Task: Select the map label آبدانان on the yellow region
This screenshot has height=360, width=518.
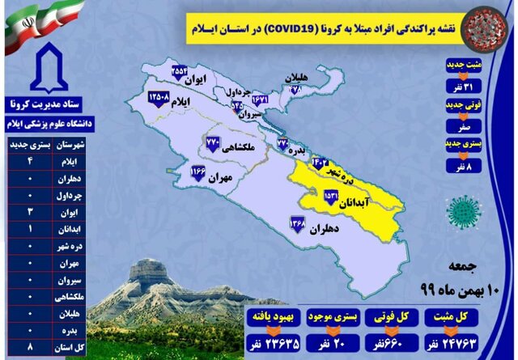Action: [365, 204]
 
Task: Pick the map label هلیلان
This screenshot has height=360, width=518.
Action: [298, 77]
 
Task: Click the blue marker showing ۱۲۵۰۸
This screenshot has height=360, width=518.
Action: [159, 98]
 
